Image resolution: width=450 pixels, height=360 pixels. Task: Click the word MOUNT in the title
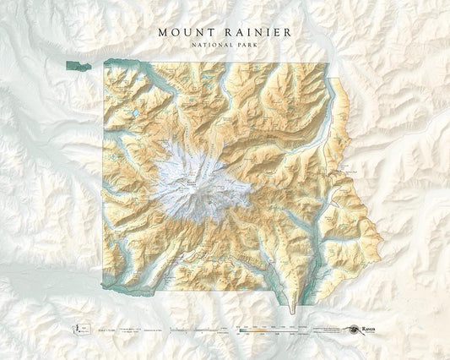pyautogui.click(x=187, y=31)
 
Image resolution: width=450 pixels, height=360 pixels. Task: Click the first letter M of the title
pyautogui.click(x=162, y=31)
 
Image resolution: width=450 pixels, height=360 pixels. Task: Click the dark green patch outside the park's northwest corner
pyautogui.click(x=76, y=63)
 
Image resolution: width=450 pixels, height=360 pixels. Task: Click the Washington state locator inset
pyautogui.click(x=78, y=324)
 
